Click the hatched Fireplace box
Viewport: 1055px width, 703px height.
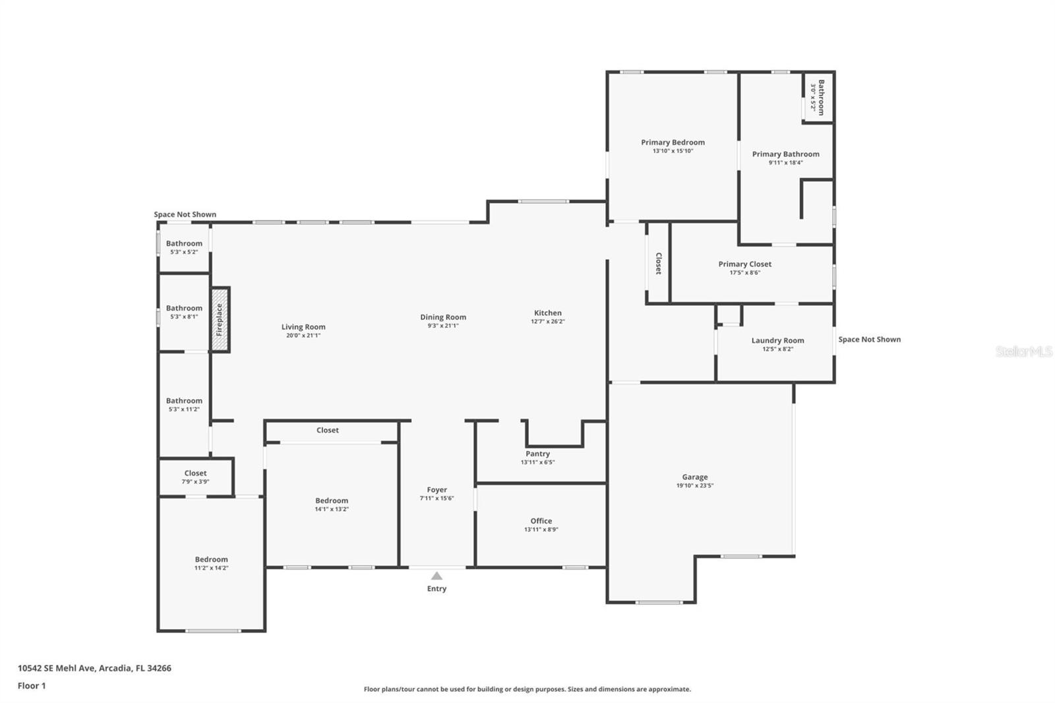pyautogui.click(x=220, y=320)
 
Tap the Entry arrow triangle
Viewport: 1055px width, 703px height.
pyautogui.click(x=437, y=576)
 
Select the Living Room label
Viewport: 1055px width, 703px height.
pyautogui.click(x=303, y=326)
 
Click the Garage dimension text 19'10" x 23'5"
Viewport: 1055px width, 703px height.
pyautogui.click(x=695, y=485)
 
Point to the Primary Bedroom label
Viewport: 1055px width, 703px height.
pyautogui.click(x=673, y=142)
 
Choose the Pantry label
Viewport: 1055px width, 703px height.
pyautogui.click(x=537, y=454)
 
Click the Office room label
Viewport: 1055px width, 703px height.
pyautogui.click(x=541, y=520)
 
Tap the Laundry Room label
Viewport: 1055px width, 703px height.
pyautogui.click(x=777, y=340)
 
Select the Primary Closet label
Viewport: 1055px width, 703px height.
pyautogui.click(x=744, y=264)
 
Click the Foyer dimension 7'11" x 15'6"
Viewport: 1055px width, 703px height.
pyautogui.click(x=437, y=498)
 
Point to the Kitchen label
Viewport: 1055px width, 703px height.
pyautogui.click(x=547, y=313)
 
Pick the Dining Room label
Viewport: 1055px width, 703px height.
pyautogui.click(x=443, y=317)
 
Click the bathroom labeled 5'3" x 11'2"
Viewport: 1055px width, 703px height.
pyautogui.click(x=184, y=404)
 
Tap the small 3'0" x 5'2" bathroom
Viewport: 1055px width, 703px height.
pyautogui.click(x=818, y=98)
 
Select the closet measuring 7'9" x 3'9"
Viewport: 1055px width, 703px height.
pyautogui.click(x=195, y=477)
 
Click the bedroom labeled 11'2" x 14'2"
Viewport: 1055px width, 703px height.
pyautogui.click(x=211, y=563)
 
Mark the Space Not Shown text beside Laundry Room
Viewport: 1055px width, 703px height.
pyautogui.click(x=869, y=339)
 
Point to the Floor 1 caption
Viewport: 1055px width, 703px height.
pyautogui.click(x=32, y=686)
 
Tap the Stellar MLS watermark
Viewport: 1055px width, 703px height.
pyautogui.click(x=1023, y=351)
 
